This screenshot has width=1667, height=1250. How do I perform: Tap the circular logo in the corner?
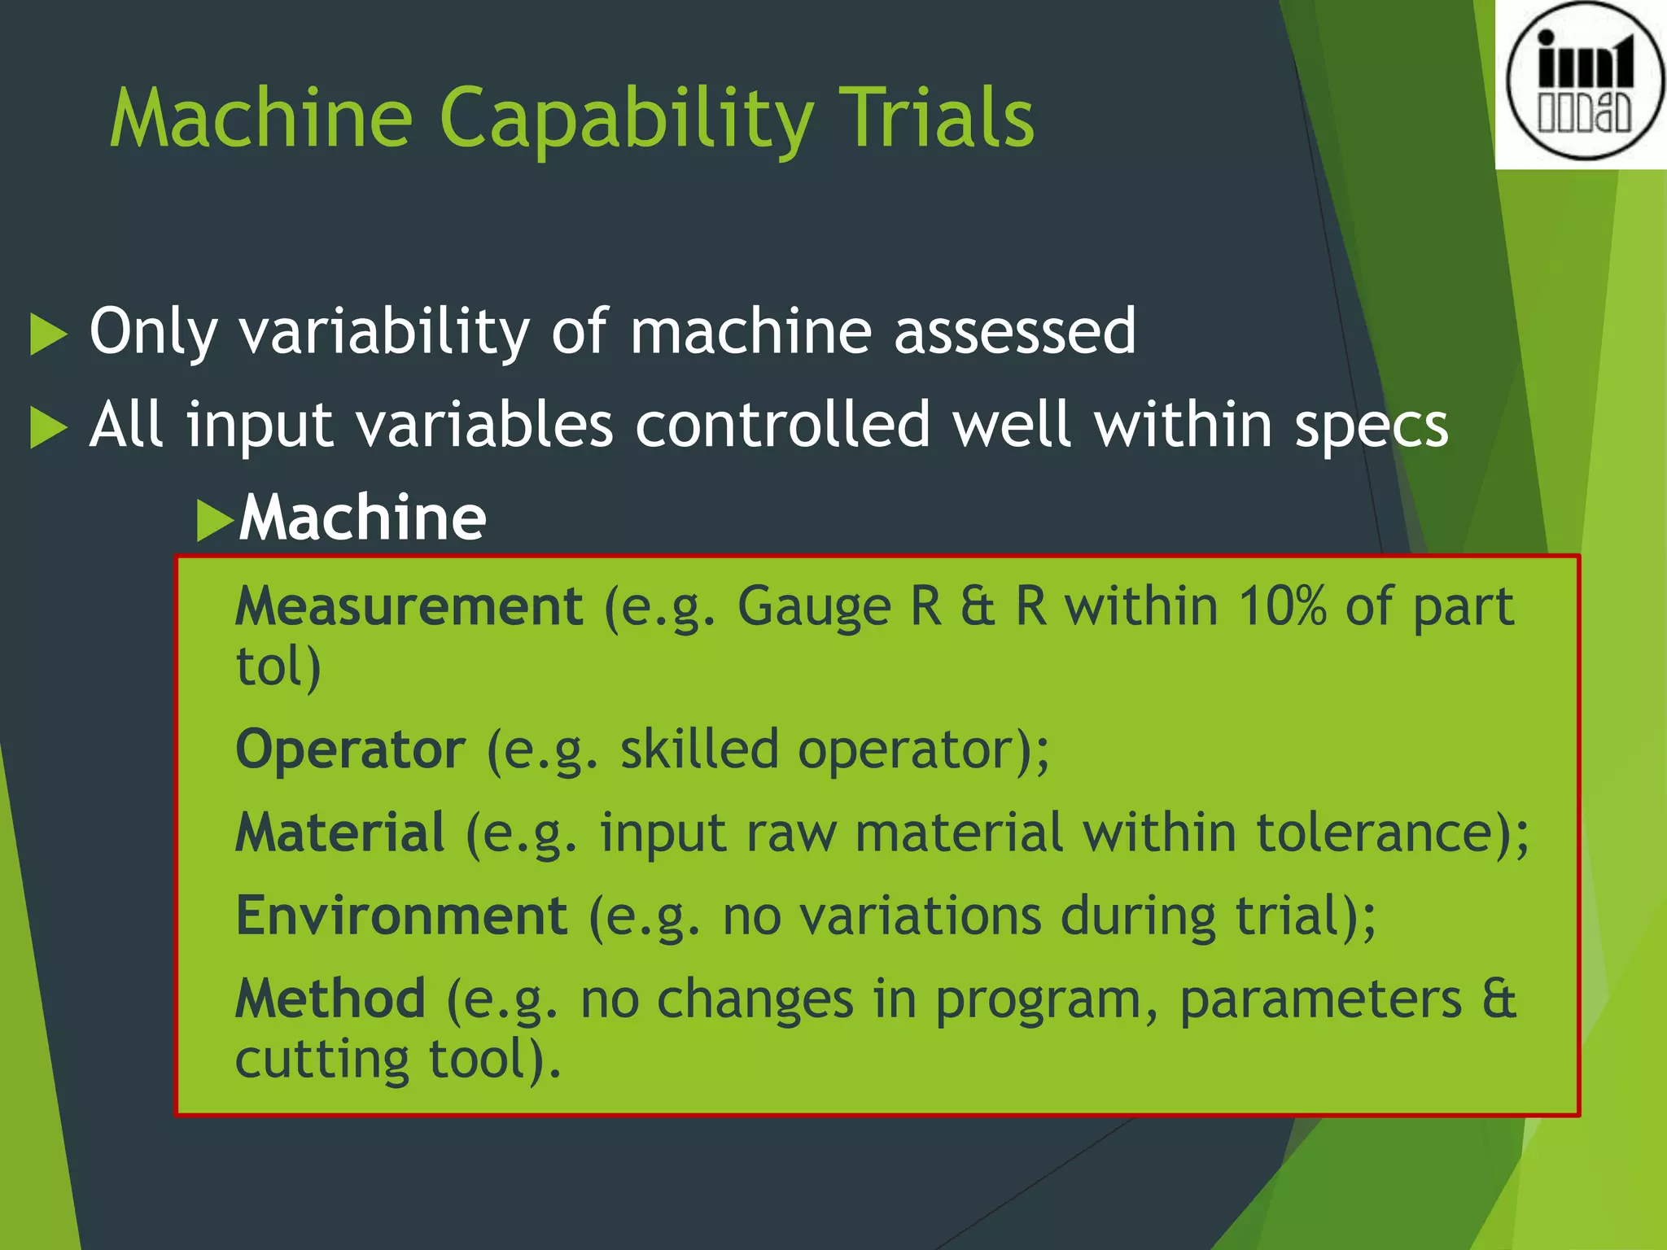pyautogui.click(x=1584, y=81)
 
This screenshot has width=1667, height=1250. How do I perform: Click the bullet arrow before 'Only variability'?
pyautogui.click(x=48, y=334)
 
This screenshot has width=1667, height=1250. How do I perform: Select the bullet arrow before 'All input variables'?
pyautogui.click(x=48, y=428)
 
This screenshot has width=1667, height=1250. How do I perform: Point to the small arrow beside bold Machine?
pyautogui.click(x=215, y=521)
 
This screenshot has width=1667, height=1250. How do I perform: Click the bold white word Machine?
pyautogui.click(x=363, y=518)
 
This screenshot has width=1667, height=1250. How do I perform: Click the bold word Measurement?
pyautogui.click(x=409, y=606)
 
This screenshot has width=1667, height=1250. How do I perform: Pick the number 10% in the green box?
pyautogui.click(x=1282, y=606)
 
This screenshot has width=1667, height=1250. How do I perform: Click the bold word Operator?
pyautogui.click(x=350, y=750)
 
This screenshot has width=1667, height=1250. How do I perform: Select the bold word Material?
pyautogui.click(x=339, y=833)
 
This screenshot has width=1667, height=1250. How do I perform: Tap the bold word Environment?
pyautogui.click(x=401, y=916)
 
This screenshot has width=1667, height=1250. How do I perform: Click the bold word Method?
pyautogui.click(x=330, y=999)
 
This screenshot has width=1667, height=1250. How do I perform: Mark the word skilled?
pyautogui.click(x=699, y=750)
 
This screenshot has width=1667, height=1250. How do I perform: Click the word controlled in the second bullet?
pyautogui.click(x=782, y=425)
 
